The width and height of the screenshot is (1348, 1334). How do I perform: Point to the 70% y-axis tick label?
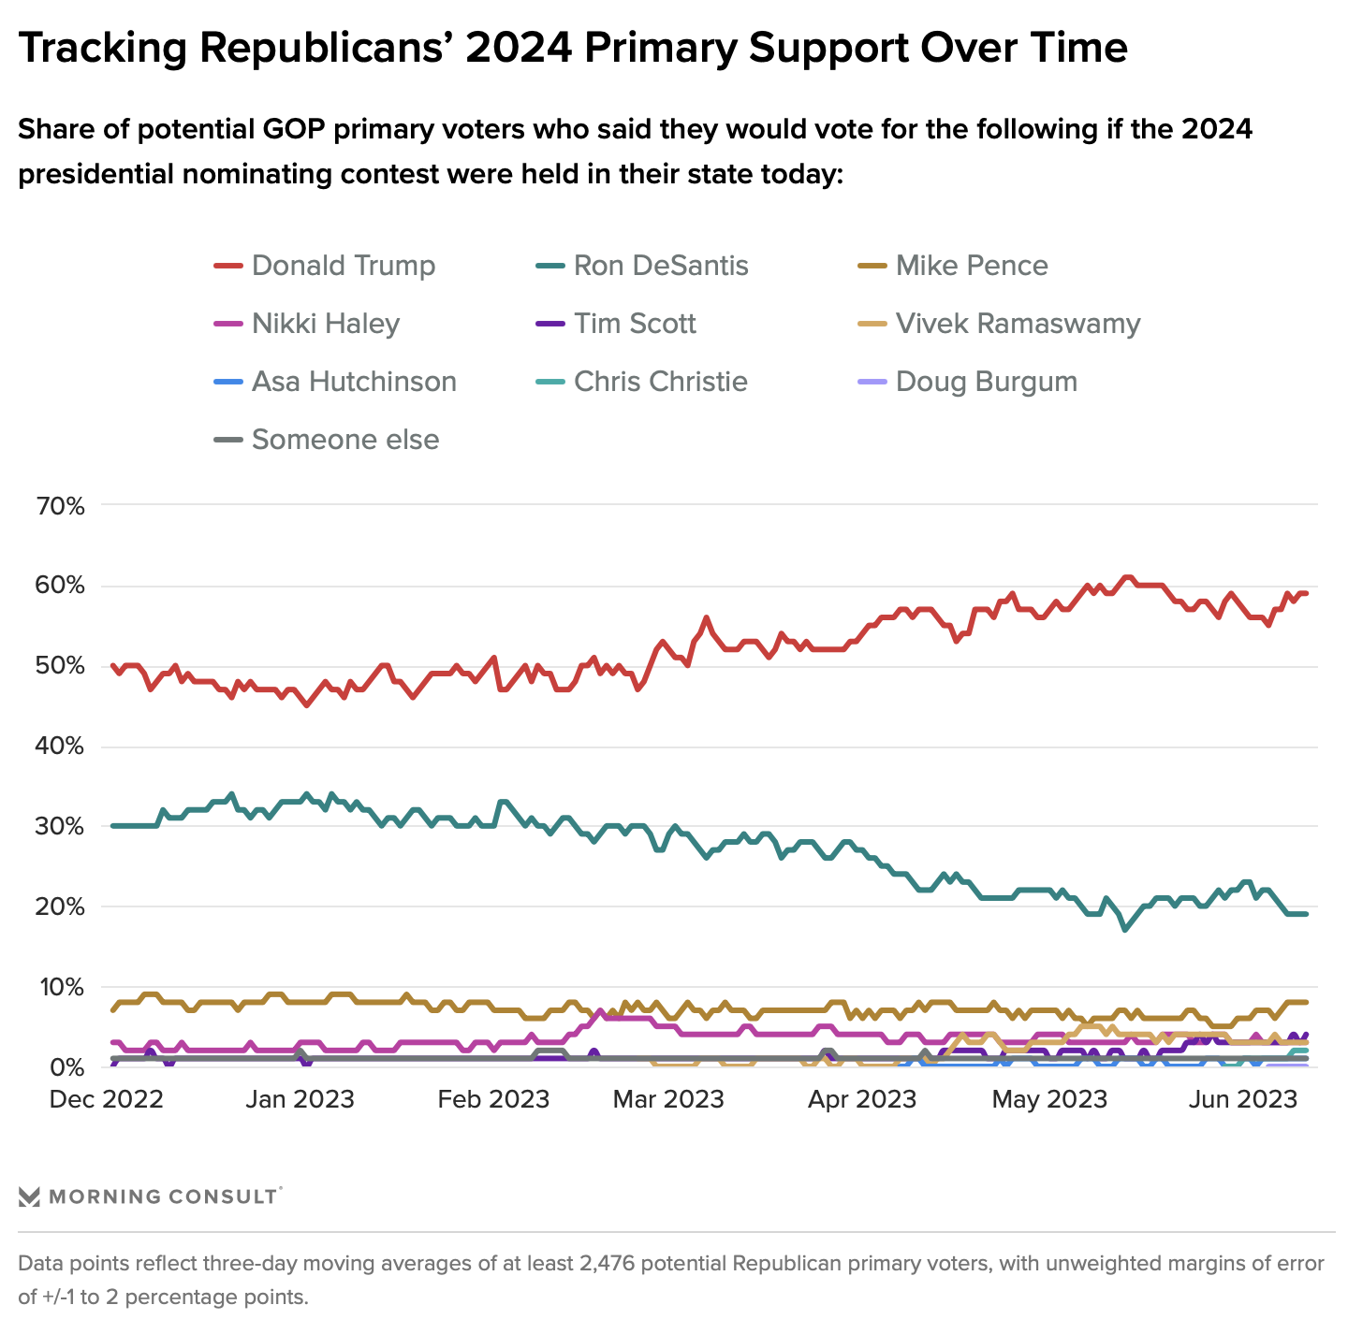pyautogui.click(x=60, y=506)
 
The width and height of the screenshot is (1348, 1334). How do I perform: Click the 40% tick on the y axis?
pyautogui.click(x=60, y=747)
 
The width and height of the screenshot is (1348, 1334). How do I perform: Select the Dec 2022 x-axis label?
pyautogui.click(x=106, y=1099)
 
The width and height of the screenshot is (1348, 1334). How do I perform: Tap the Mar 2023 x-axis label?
pyautogui.click(x=668, y=1099)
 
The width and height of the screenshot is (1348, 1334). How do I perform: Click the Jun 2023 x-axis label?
pyautogui.click(x=1242, y=1099)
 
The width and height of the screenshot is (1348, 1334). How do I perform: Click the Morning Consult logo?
pyautogui.click(x=150, y=1196)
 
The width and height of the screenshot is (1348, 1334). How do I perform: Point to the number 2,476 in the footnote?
pyautogui.click(x=608, y=1264)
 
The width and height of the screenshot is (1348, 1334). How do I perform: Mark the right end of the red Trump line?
pyautogui.click(x=1306, y=593)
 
